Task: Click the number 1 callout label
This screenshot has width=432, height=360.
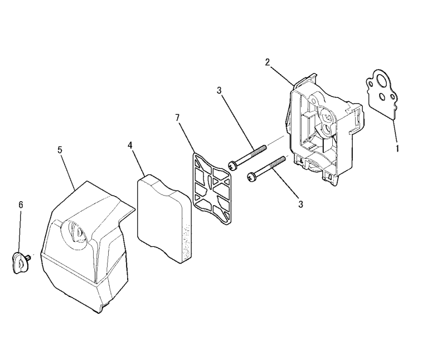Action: coord(397,148)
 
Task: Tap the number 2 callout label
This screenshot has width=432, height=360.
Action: coord(268,62)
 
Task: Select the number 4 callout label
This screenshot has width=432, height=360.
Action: coord(130,145)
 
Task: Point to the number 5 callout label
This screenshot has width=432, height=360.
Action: coord(60,150)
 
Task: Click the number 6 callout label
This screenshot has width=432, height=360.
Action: coord(21,205)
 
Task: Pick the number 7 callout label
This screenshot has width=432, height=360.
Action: coord(177,118)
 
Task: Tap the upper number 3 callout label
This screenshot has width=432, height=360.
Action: coord(219,90)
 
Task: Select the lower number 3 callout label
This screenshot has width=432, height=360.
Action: coord(300,205)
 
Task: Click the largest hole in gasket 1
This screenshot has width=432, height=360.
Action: coord(382,81)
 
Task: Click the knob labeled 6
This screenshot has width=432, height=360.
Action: coord(20,262)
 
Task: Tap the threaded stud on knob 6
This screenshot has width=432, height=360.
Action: coord(28,257)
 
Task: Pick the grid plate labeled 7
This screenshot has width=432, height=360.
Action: coord(212,189)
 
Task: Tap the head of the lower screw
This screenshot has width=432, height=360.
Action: coord(252,177)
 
